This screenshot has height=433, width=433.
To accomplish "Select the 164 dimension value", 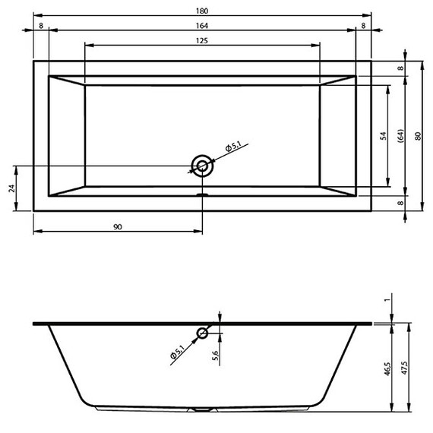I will (x=202, y=25).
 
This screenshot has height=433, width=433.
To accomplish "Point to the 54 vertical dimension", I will (x=384, y=136).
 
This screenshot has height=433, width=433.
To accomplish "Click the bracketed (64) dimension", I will (x=400, y=136).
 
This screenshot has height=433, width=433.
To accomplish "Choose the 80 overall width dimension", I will (x=417, y=136).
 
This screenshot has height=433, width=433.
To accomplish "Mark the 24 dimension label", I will (x=11, y=188).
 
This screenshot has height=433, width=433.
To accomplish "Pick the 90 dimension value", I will (x=118, y=226).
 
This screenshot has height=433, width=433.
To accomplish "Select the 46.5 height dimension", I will (x=387, y=369).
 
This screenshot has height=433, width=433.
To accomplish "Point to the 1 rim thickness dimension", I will (x=387, y=300).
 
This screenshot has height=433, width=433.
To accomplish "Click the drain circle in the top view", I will (x=203, y=166).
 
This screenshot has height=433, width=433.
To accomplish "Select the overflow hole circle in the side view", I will (x=203, y=333).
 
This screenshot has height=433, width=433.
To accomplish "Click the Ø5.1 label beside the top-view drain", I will (x=233, y=147).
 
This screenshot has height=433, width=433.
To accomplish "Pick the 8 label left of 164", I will (x=40, y=25).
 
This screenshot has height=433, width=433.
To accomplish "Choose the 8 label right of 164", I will (x=364, y=25).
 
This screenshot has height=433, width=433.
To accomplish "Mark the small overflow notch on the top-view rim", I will (x=202, y=194).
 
